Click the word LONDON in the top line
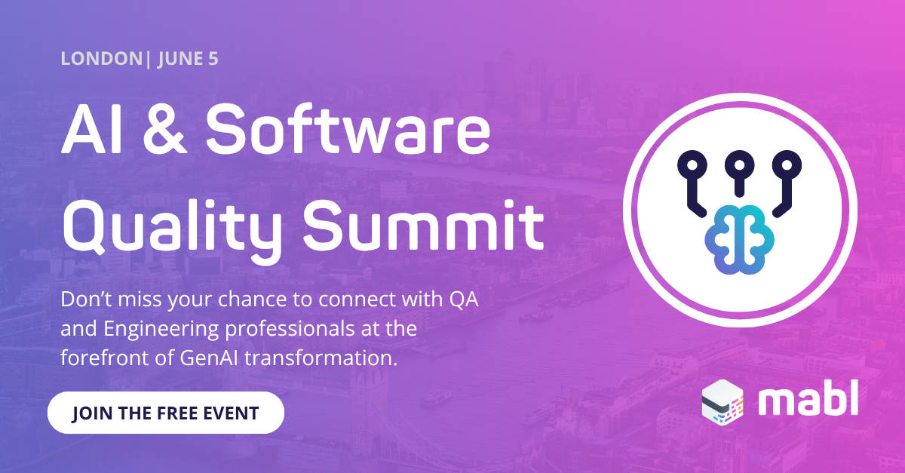(101, 59)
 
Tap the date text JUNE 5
(188, 59)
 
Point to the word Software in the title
(348, 133)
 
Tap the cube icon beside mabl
(722, 400)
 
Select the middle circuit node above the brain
(740, 164)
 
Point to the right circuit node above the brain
(787, 164)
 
